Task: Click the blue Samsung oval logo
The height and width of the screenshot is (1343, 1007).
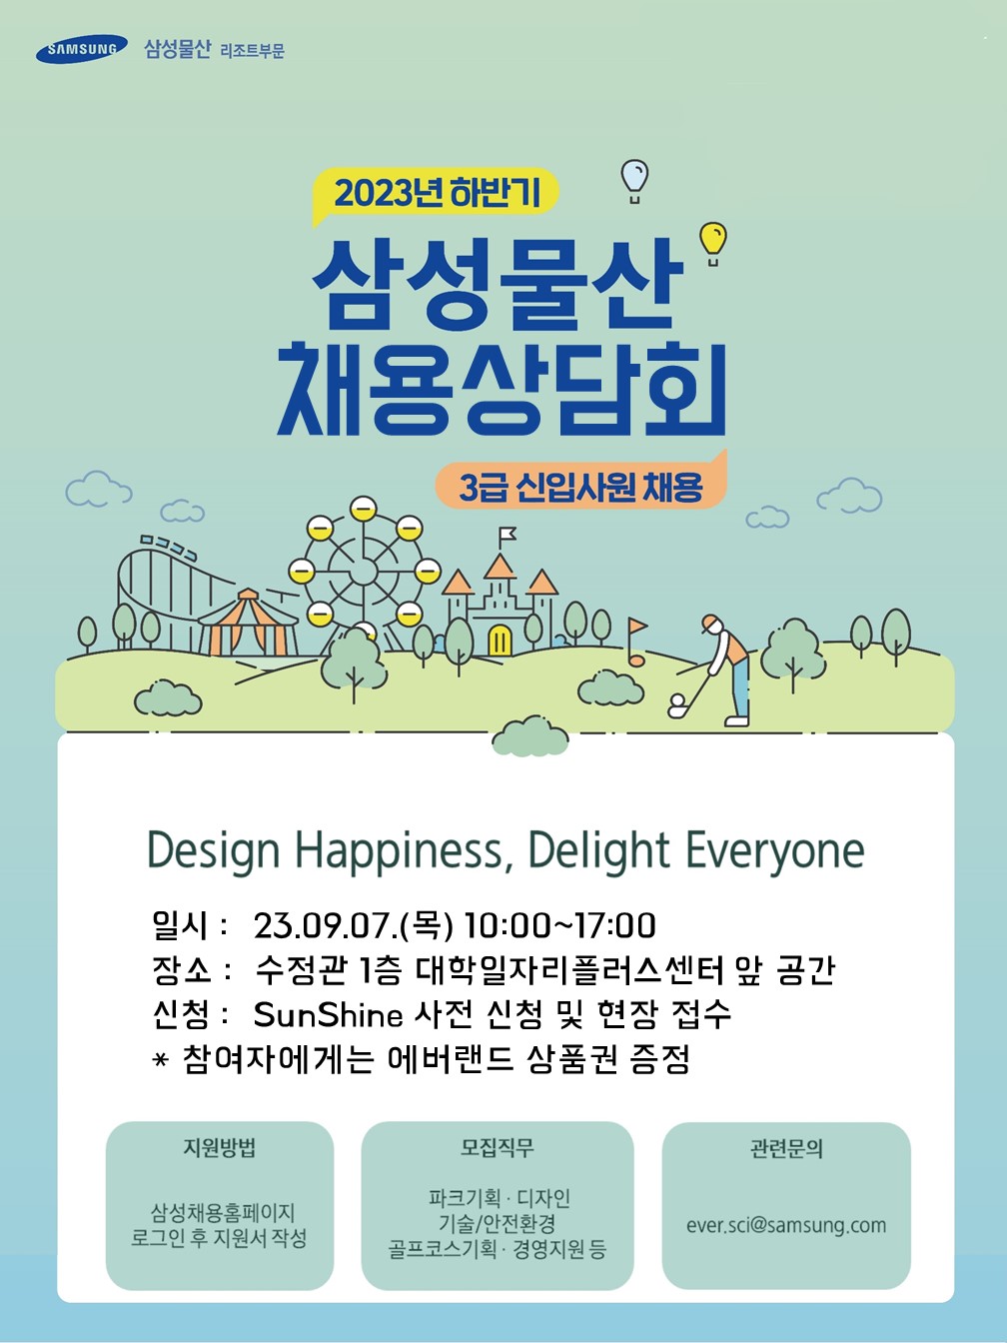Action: (81, 49)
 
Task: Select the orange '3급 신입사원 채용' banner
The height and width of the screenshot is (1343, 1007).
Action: (580, 486)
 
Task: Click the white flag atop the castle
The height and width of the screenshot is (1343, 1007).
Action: (506, 536)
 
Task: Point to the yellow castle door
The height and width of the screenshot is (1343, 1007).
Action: (500, 640)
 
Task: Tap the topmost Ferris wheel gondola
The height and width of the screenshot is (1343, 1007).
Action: (364, 509)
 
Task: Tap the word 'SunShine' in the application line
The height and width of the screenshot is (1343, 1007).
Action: (328, 1015)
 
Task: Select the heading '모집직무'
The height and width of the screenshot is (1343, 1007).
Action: (498, 1147)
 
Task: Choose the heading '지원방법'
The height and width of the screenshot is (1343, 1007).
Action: (220, 1147)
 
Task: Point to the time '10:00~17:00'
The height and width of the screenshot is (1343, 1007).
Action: (560, 925)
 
